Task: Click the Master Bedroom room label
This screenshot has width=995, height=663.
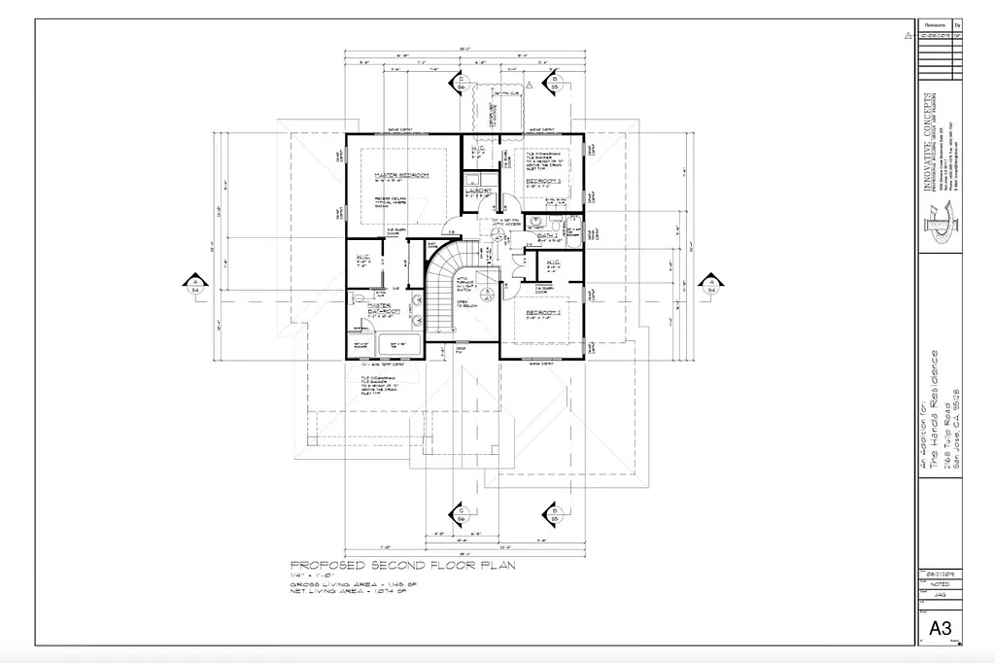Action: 400,176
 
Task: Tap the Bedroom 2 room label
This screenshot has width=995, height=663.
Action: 543,313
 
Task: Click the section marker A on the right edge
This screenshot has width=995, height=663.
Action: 711,285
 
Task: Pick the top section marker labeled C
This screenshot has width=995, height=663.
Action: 462,84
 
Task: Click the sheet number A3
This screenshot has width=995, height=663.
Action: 940,628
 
